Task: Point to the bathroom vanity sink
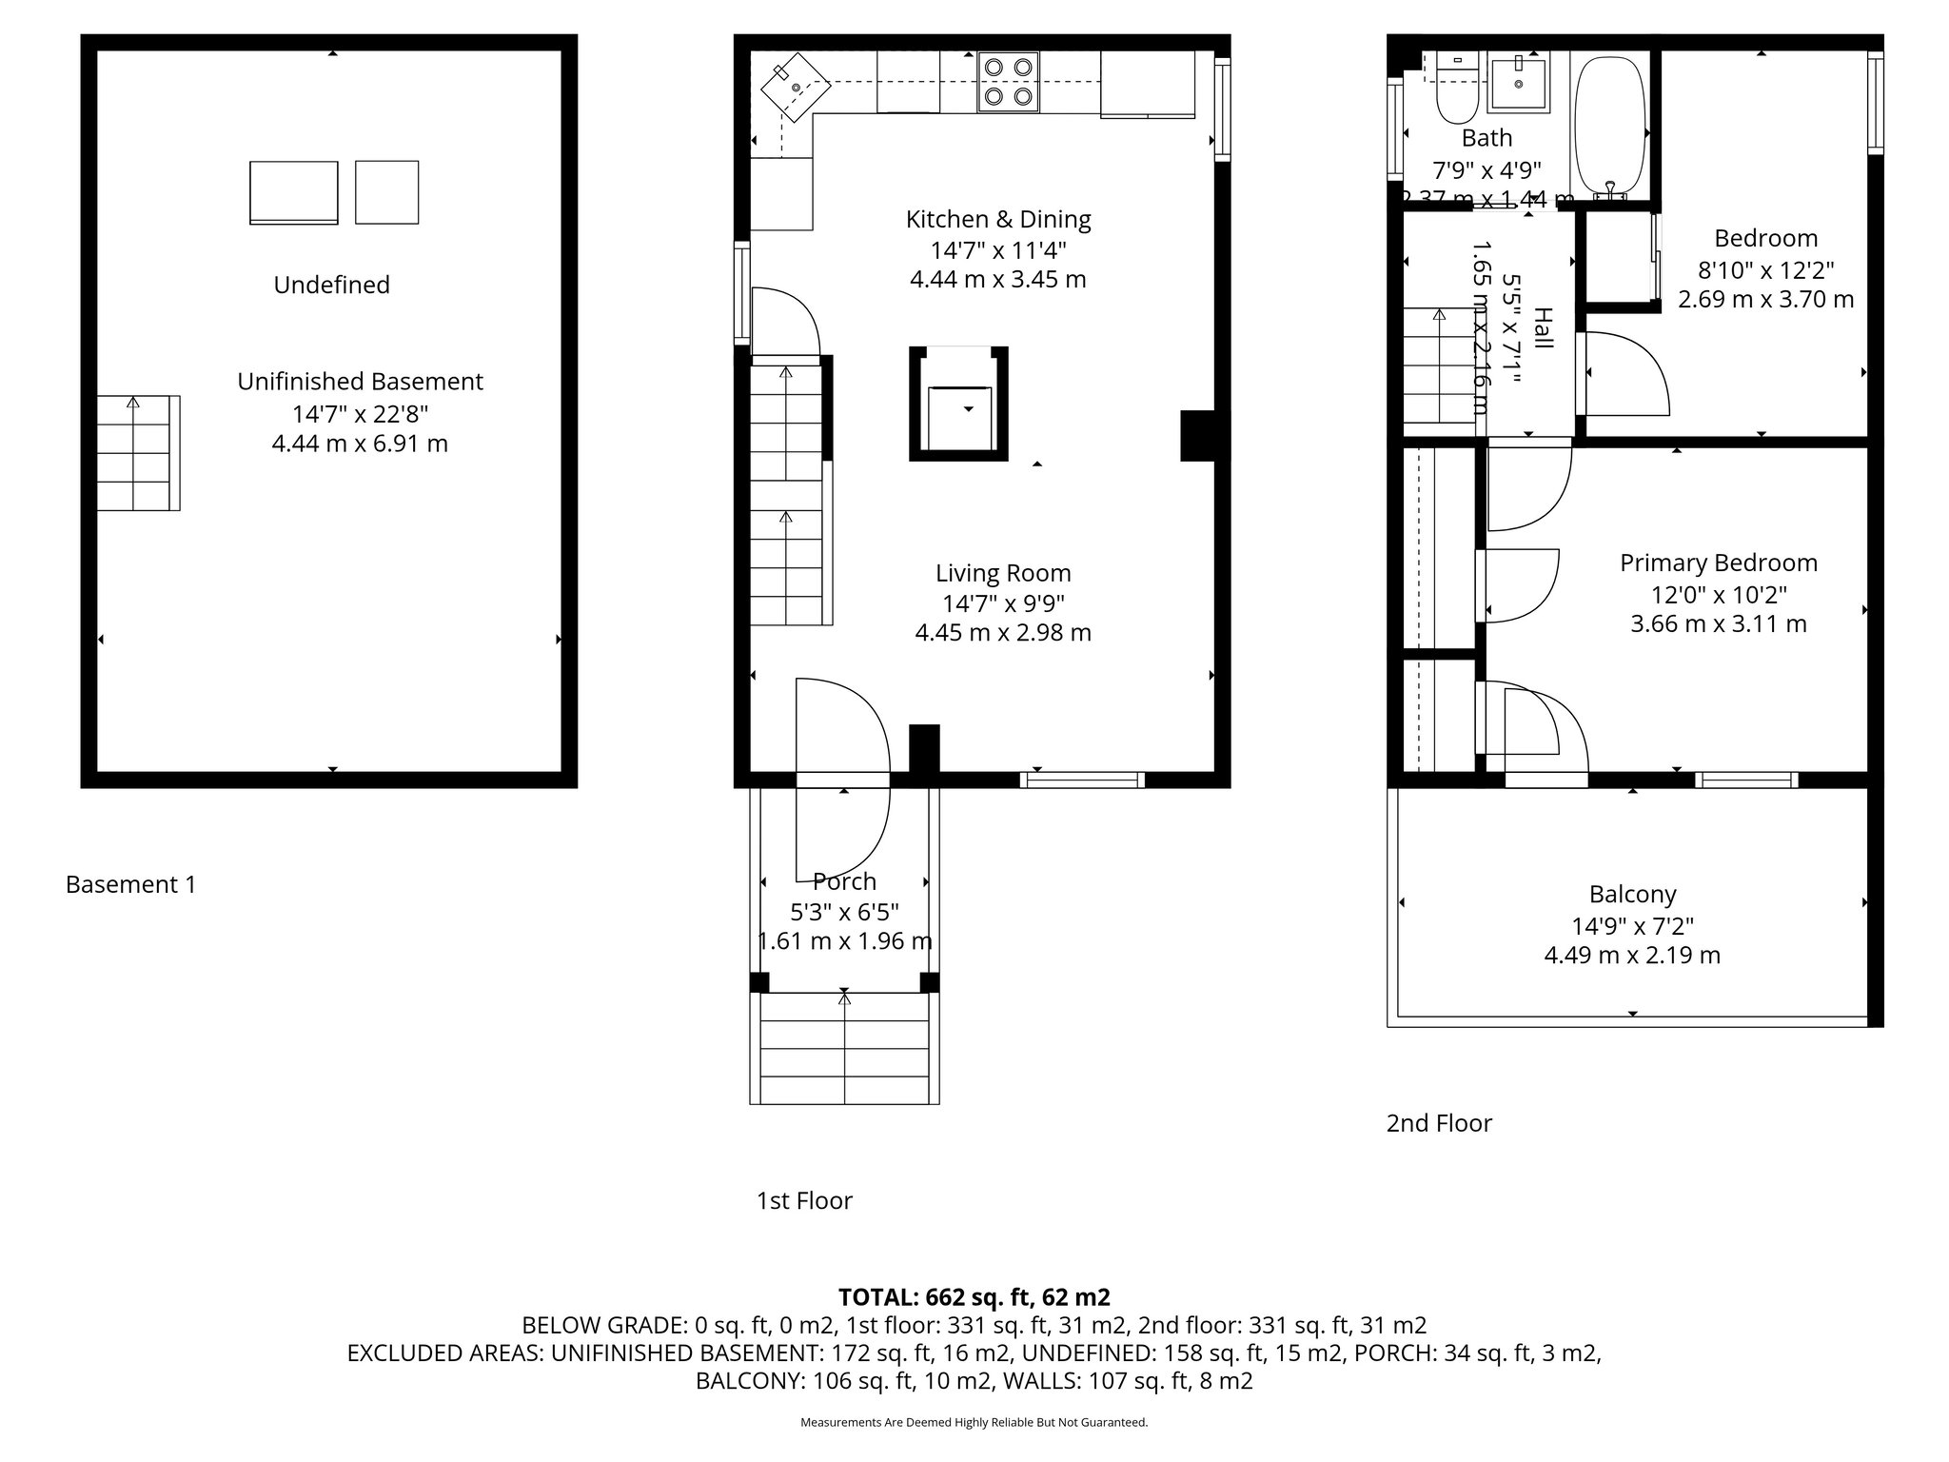[1518, 80]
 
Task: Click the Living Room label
[1003, 573]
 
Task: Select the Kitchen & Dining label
[997, 219]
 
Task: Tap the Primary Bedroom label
[1718, 563]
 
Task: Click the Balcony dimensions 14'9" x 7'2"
[1632, 925]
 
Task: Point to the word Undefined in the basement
[331, 285]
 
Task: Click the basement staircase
[139, 453]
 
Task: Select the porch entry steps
[844, 1048]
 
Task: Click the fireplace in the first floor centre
[958, 405]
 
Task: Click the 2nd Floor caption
[1438, 1123]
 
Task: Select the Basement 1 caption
[130, 884]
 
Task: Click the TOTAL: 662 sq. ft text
[973, 1297]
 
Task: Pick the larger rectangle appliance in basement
[293, 192]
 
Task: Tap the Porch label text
[844, 881]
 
